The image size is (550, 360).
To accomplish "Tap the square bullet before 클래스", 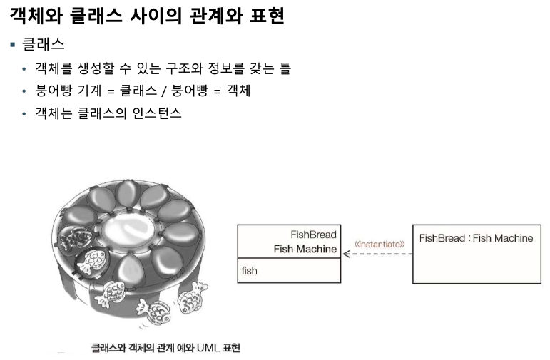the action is (12, 44).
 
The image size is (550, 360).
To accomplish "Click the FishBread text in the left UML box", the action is (313, 234).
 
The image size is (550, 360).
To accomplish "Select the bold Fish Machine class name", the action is (305, 249).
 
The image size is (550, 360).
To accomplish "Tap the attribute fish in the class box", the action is (250, 271).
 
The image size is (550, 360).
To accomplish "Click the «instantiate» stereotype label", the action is (380, 245).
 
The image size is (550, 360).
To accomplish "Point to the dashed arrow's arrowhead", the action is (346, 254).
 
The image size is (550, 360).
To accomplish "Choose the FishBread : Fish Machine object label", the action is (476, 238).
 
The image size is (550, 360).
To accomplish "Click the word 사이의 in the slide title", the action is (156, 16).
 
